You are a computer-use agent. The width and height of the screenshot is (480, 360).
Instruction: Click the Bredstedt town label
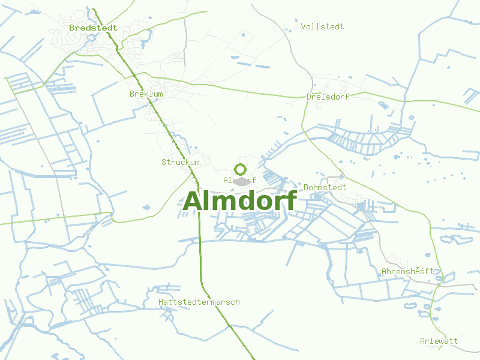[92, 28]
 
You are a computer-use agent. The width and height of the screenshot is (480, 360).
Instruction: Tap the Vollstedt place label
[323, 26]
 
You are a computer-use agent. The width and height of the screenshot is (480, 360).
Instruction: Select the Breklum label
[146, 94]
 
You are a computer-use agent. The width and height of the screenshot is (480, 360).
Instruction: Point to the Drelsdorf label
[328, 97]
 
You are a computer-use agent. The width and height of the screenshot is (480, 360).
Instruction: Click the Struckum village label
[180, 162]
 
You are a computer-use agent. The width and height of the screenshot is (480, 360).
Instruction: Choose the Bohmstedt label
[325, 187]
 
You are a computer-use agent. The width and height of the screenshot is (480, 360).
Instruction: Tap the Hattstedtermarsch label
[199, 302]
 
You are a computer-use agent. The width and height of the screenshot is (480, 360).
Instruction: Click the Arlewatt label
[439, 341]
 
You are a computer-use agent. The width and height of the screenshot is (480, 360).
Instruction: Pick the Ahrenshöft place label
[408, 272]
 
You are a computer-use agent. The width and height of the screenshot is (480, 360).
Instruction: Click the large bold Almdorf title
[240, 201]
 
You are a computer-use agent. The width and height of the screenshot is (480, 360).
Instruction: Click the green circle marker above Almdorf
[240, 169]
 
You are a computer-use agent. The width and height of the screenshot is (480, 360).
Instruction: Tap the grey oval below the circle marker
[241, 181]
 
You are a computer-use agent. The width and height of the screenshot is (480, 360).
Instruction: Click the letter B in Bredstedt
[71, 28]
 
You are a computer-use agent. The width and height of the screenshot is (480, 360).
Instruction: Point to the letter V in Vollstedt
[304, 26]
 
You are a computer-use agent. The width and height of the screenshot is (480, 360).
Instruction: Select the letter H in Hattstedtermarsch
[161, 302]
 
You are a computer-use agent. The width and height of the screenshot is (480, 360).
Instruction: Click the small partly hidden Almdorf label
[239, 180]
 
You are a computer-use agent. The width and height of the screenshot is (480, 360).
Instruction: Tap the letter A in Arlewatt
[422, 341]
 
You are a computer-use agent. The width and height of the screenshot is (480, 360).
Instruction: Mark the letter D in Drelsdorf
[309, 97]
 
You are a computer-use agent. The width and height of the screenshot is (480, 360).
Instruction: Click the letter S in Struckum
[164, 162]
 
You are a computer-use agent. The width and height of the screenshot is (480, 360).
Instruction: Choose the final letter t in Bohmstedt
[344, 187]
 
